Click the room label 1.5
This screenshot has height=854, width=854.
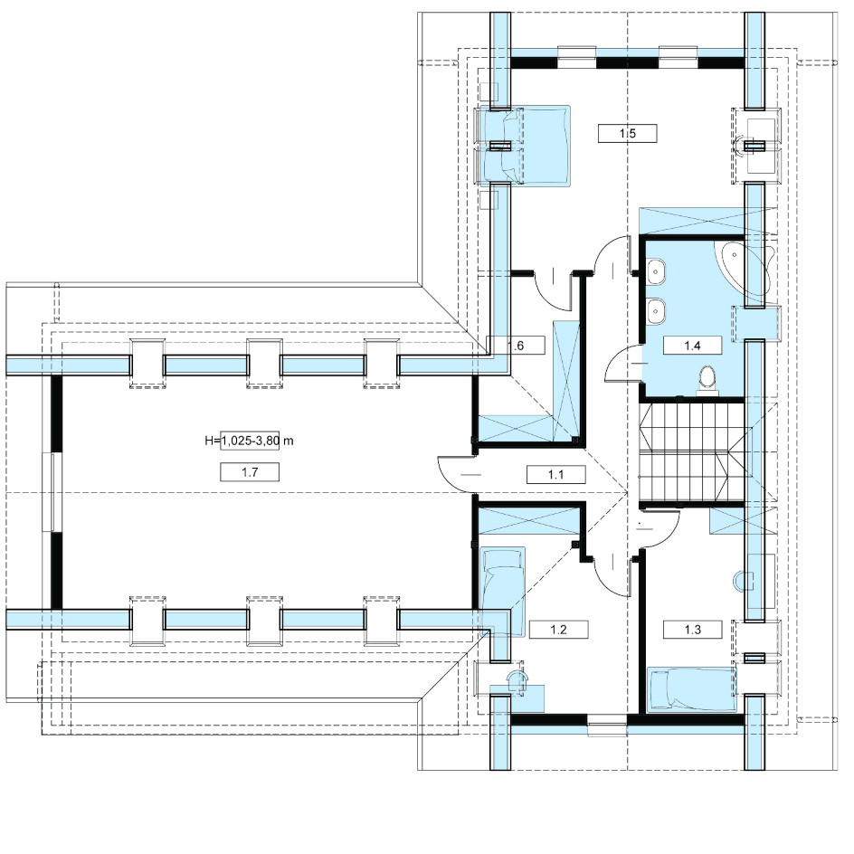(628, 134)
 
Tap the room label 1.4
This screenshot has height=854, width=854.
(692, 346)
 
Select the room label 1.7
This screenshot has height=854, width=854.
(250, 472)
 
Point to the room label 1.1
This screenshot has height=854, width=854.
(556, 475)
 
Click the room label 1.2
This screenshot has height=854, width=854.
(559, 630)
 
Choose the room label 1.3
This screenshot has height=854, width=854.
(693, 630)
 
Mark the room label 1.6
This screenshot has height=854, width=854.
(516, 346)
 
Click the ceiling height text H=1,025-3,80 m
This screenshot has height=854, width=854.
(249, 441)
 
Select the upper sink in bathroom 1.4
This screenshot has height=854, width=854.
(657, 270)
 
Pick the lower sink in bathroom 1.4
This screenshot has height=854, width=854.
(657, 310)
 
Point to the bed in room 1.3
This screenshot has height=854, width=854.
(692, 689)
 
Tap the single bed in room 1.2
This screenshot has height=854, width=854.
(503, 592)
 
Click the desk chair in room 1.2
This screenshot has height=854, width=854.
(515, 680)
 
